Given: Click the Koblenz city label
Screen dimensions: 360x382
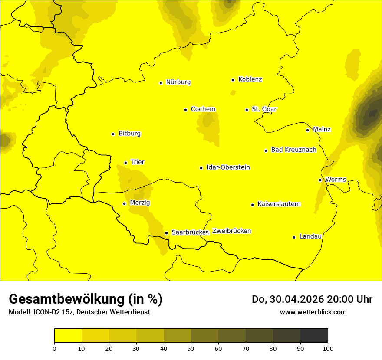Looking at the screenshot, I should click(250, 79).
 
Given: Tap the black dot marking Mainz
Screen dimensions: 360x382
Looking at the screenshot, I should click(307, 130).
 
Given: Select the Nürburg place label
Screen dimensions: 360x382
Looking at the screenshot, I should click(178, 82).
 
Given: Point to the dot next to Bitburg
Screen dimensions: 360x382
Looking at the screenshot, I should click(113, 134).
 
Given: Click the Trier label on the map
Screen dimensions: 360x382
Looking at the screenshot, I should click(137, 162).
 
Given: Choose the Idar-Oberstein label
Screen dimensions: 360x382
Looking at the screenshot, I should click(228, 167).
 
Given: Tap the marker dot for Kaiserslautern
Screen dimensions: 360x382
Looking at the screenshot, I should click(252, 205).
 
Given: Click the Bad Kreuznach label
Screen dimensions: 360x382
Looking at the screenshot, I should click(293, 150).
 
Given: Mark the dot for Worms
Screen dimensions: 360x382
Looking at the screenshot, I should click(320, 180).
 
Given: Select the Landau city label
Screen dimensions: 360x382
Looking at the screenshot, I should click(310, 236).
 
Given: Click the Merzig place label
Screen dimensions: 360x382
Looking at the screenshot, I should click(140, 203).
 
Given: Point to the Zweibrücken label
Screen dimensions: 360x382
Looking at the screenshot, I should click(231, 231).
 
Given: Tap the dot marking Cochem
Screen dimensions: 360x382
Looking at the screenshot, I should click(185, 110).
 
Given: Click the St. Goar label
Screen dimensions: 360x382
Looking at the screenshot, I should click(264, 109).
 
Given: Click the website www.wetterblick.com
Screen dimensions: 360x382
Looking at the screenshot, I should click(313, 312).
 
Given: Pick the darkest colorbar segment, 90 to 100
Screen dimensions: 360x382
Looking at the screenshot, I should click(314, 335).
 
